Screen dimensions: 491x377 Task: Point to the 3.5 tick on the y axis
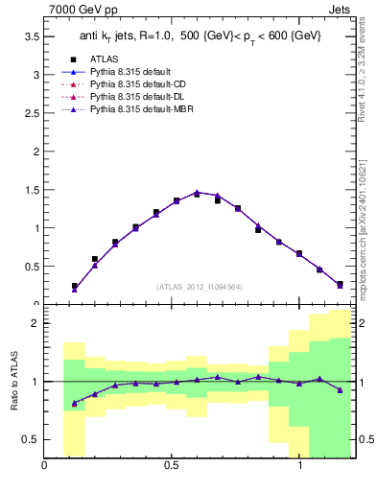click(x=30, y=36)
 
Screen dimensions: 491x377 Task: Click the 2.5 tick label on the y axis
click(x=30, y=113)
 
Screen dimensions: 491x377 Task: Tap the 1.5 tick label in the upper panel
click(x=30, y=190)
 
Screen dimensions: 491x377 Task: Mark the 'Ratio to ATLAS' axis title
click(x=13, y=382)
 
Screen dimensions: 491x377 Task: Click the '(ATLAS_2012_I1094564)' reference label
click(x=199, y=287)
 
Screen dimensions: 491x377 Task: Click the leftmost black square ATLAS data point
click(x=74, y=286)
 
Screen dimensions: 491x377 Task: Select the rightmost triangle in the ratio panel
click(x=341, y=389)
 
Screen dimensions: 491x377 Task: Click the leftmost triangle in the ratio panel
click(x=74, y=403)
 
